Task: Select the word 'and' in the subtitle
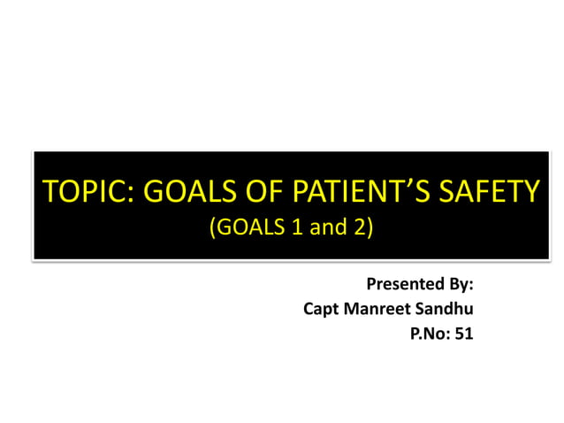[x=328, y=228]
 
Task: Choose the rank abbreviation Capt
[x=322, y=310]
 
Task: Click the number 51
[x=464, y=335]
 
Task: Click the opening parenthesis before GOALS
[x=212, y=228]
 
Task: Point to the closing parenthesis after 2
[x=371, y=228]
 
